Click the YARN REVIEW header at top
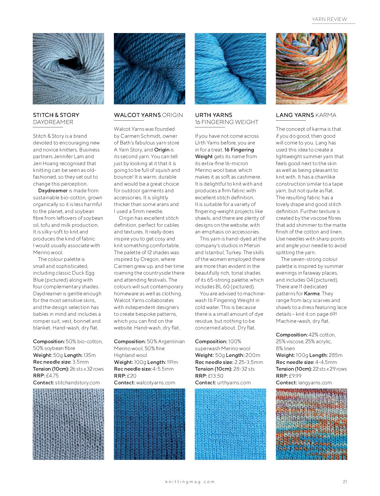point(329,19)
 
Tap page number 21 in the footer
point(345,481)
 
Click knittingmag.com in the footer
point(190,482)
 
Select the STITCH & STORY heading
point(56,115)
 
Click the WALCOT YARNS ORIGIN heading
point(148,115)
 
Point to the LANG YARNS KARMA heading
point(306,115)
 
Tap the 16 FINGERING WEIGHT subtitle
point(227,122)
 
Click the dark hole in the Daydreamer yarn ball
point(67,60)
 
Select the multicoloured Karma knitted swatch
point(311,424)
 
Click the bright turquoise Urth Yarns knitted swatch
point(230,424)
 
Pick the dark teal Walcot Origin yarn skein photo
point(149,69)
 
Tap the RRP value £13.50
point(216,376)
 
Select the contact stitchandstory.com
point(78,383)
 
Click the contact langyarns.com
point(315,383)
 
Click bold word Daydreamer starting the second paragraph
point(53,191)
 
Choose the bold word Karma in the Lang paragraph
point(312,294)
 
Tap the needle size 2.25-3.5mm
point(249,362)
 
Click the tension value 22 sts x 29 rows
point(330,369)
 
